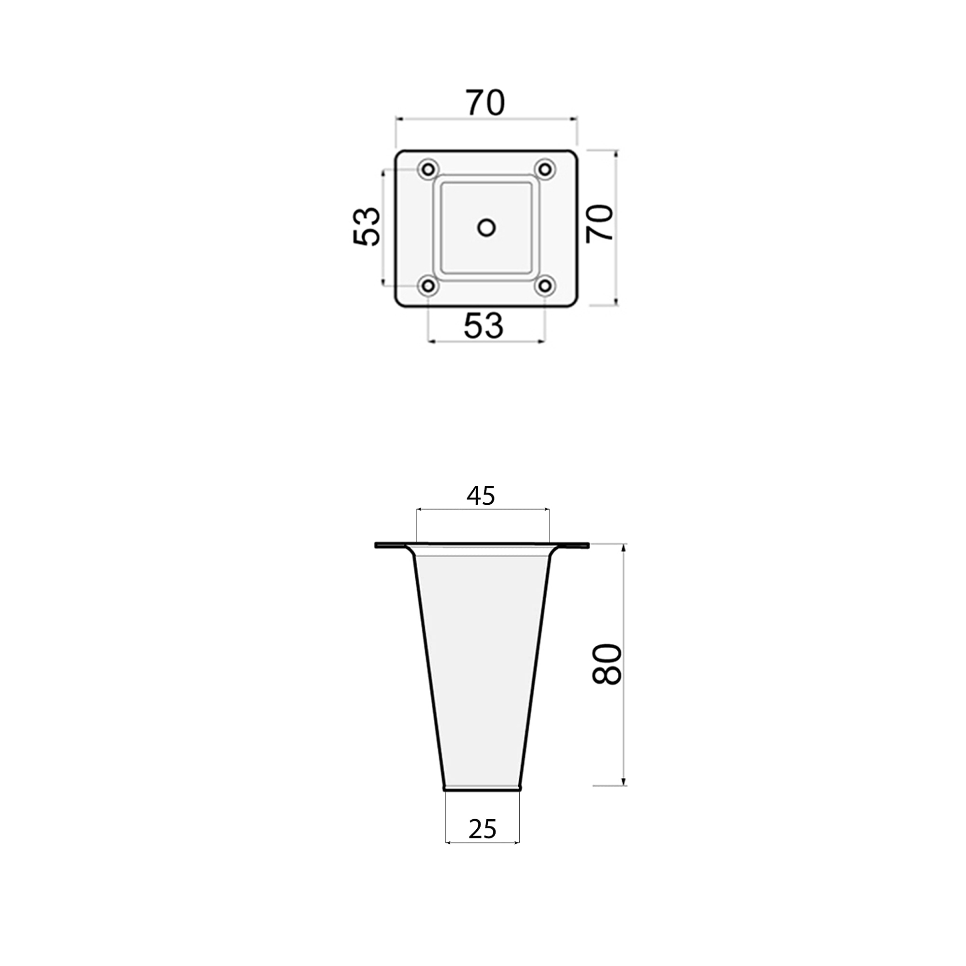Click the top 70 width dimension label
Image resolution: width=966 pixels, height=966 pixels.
pyautogui.click(x=485, y=102)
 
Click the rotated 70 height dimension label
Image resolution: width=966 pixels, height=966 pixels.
pyautogui.click(x=599, y=224)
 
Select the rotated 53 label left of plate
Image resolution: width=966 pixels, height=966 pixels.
pyautogui.click(x=367, y=227)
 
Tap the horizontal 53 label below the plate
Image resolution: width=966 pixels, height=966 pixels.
pyautogui.click(x=483, y=326)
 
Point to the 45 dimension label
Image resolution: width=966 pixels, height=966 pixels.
pyautogui.click(x=481, y=496)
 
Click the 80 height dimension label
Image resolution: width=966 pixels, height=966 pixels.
pyautogui.click(x=607, y=664)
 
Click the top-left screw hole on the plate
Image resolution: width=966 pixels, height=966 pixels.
pyautogui.click(x=428, y=170)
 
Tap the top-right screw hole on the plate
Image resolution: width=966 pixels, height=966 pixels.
pyautogui.click(x=545, y=169)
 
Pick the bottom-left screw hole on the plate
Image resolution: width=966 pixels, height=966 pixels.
pyautogui.click(x=428, y=286)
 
